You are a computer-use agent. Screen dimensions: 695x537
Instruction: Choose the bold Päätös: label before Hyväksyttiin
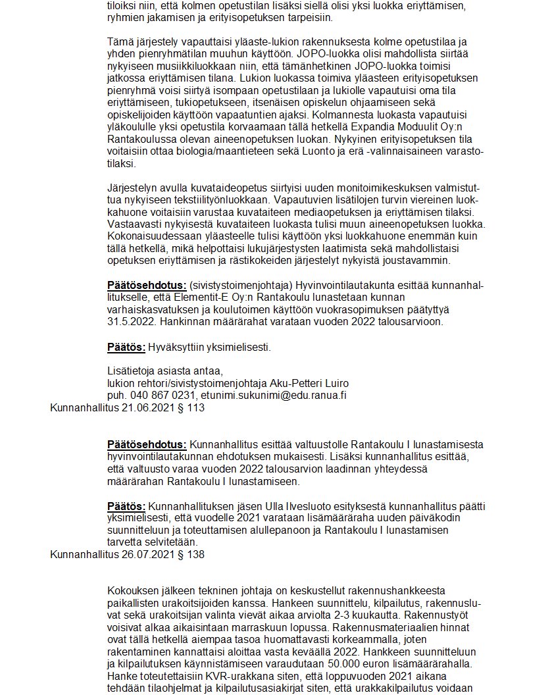[126, 347]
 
